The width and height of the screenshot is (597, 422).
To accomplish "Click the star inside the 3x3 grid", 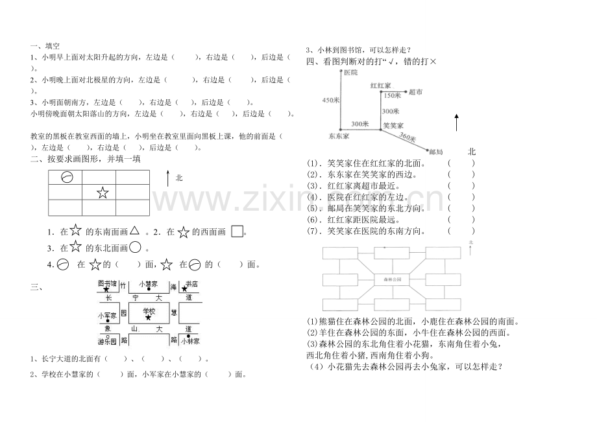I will [x=101, y=193].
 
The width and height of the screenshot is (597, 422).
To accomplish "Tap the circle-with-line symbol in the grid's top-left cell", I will [x=66, y=178].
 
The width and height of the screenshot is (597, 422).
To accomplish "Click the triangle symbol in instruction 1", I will [x=135, y=230].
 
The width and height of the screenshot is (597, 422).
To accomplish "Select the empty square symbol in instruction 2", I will [x=237, y=231].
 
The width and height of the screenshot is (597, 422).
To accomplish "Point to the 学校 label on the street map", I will [x=150, y=311].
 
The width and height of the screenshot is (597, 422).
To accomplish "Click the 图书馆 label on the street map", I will [x=106, y=284].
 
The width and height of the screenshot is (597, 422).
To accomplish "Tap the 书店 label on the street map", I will [x=191, y=284].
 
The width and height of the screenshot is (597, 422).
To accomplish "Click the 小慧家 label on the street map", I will [x=149, y=284].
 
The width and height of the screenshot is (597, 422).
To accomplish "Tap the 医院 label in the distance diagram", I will [x=351, y=73].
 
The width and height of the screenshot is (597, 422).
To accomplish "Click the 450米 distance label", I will [x=330, y=100].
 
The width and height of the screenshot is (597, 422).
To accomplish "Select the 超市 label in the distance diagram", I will [x=416, y=93].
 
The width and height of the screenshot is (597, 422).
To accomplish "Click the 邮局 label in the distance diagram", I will [x=436, y=152].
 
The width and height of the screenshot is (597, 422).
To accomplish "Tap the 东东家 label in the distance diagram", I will [x=339, y=136].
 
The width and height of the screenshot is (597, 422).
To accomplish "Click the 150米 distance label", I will [x=392, y=95].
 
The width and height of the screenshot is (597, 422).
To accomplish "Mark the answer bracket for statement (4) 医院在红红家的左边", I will [x=461, y=197].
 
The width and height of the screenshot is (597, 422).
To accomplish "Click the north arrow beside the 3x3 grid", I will [x=168, y=180].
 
